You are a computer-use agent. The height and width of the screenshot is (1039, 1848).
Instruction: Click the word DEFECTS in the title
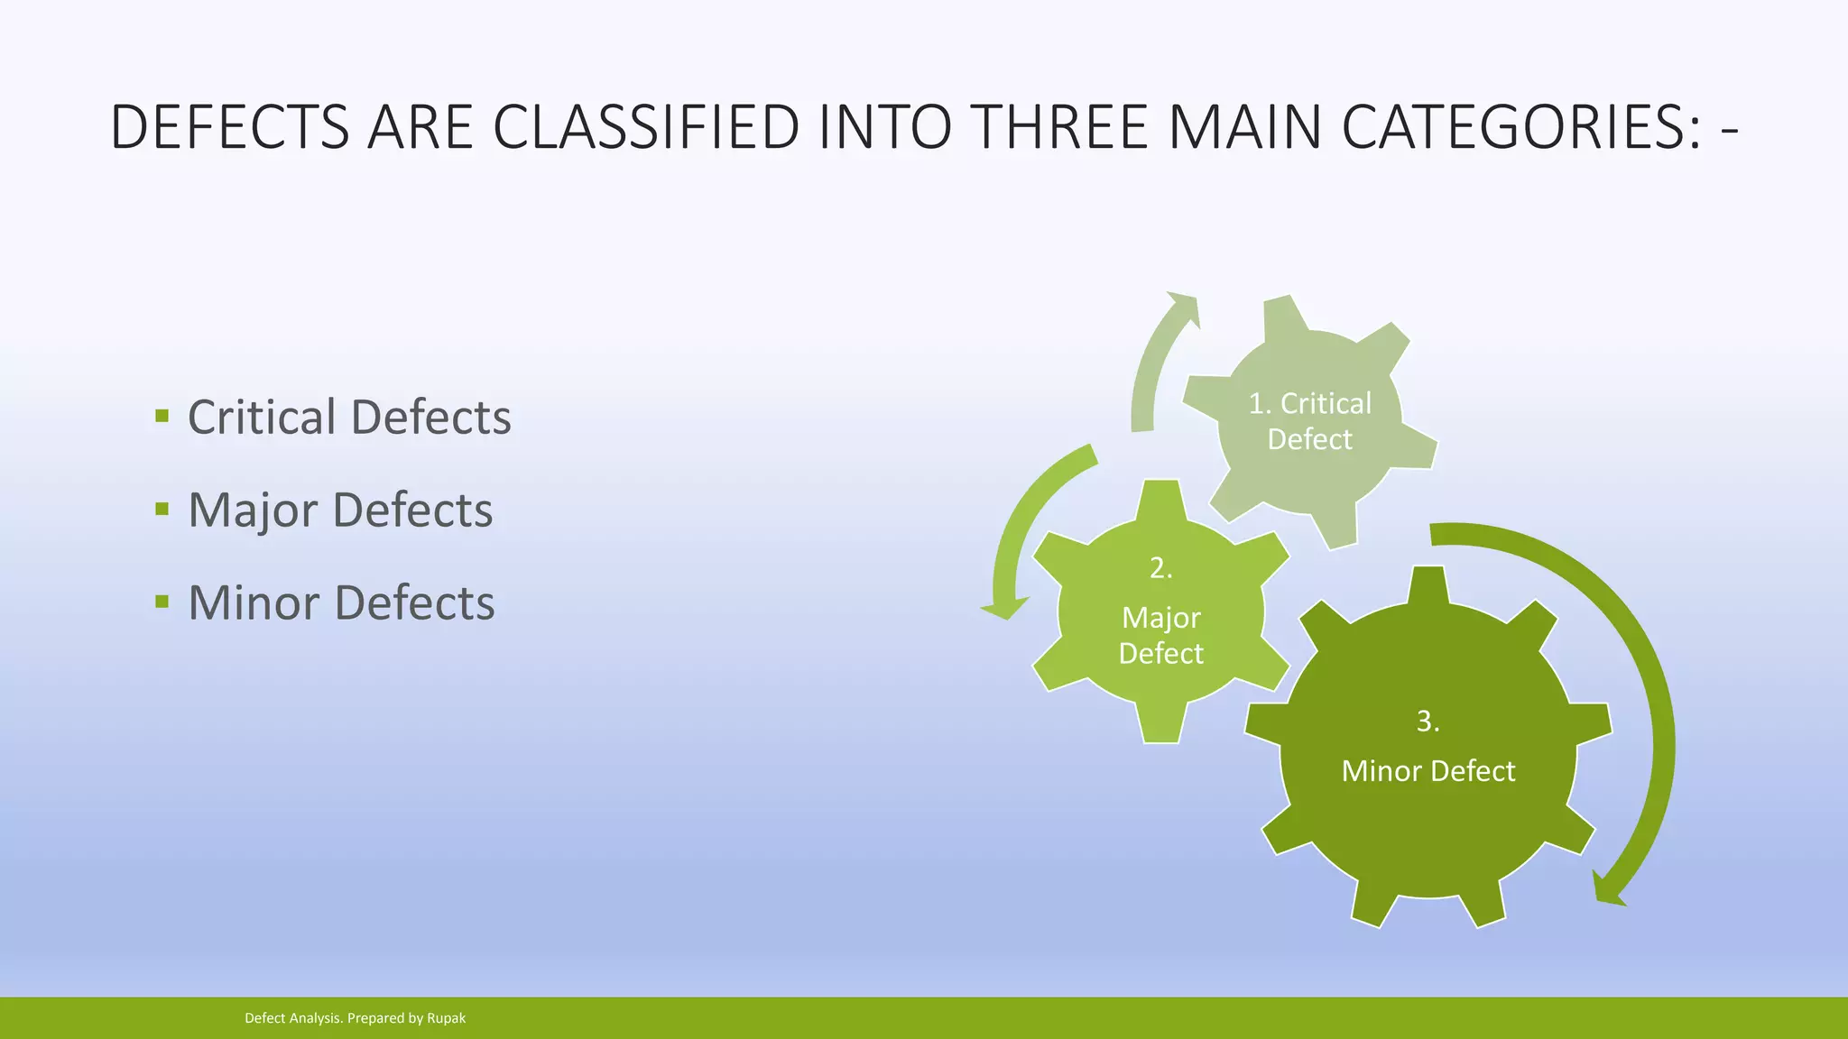[229, 127]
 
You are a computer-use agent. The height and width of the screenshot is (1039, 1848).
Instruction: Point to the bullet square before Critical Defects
[162, 416]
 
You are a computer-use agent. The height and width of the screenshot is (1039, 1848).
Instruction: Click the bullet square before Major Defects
[162, 509]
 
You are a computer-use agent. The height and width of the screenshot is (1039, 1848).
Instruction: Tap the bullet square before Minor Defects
[162, 602]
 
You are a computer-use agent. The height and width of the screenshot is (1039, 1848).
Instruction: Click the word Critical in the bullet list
[262, 418]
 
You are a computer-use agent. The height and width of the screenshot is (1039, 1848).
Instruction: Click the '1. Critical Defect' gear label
[1309, 421]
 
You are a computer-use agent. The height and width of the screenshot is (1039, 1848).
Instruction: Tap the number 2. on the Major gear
[1160, 568]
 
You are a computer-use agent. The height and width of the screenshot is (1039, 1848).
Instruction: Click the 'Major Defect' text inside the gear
[1160, 635]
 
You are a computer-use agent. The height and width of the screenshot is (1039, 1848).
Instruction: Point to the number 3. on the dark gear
[1428, 722]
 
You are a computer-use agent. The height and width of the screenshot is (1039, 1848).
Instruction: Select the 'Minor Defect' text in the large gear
[1428, 771]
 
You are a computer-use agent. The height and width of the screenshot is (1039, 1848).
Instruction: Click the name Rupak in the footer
[446, 1018]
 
